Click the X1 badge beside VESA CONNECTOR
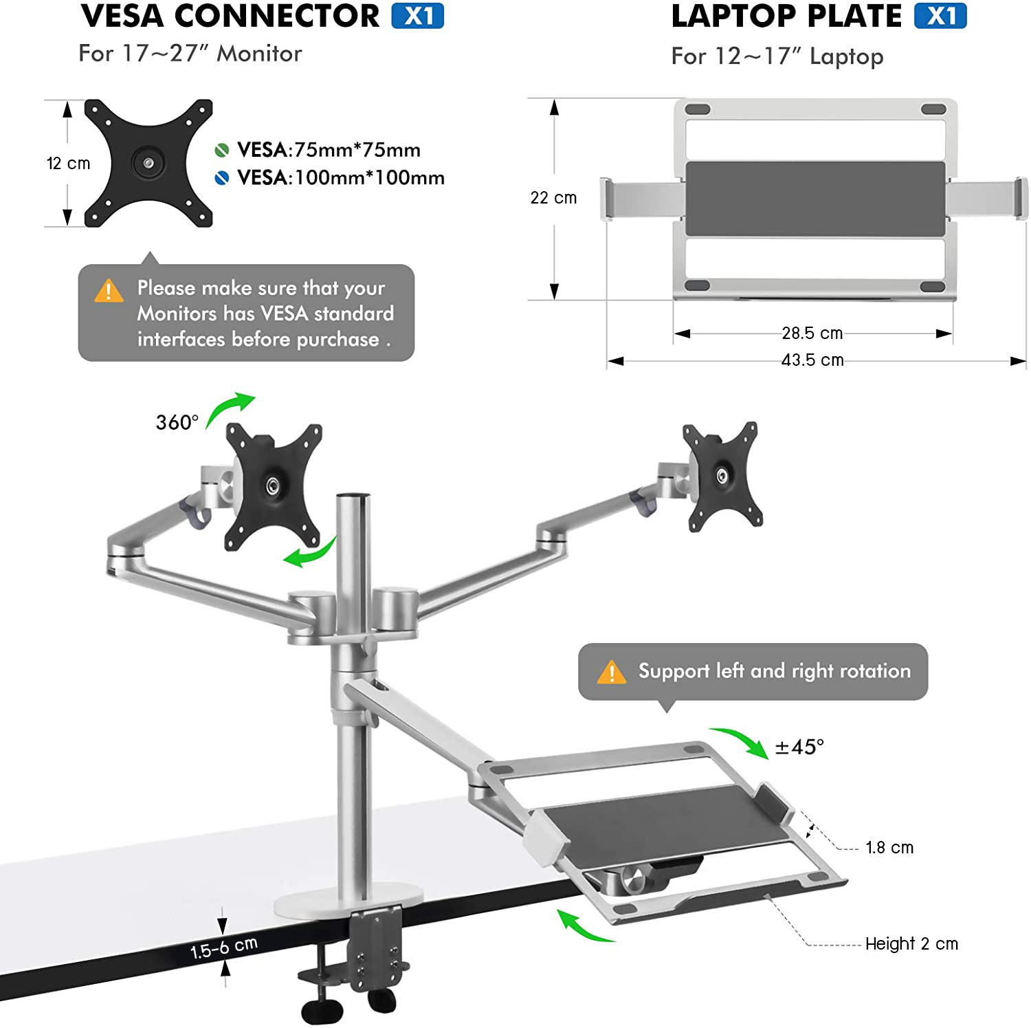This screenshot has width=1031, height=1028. [418, 16]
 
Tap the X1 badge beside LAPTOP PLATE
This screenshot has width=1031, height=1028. [940, 16]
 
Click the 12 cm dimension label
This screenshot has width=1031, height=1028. [68, 164]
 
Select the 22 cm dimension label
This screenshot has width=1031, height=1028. [553, 198]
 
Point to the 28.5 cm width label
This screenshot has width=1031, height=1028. [812, 333]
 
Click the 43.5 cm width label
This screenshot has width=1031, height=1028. [812, 360]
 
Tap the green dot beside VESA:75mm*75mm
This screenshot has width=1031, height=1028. [221, 150]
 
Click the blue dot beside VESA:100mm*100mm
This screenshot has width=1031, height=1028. [221, 178]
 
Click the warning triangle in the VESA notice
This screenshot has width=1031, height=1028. [109, 291]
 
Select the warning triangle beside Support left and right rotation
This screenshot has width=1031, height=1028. [612, 672]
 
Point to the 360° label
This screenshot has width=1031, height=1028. [177, 422]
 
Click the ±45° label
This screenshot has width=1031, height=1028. [799, 747]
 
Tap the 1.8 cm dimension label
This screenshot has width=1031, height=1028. [889, 848]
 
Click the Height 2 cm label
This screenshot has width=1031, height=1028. [911, 944]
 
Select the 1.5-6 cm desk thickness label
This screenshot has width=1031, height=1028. [224, 947]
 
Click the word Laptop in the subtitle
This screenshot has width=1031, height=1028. [846, 56]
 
